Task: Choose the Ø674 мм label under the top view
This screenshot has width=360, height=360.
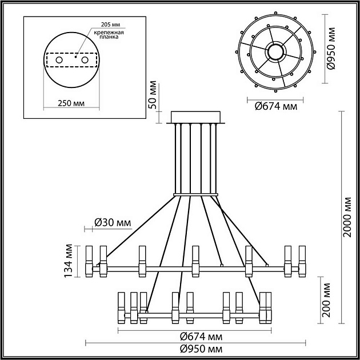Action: click(275, 105)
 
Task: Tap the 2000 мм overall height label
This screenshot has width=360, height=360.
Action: click(347, 218)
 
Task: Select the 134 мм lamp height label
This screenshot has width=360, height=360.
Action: click(69, 261)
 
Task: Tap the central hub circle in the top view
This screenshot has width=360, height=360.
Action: click(277, 51)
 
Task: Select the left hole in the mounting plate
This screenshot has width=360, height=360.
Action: click(58, 60)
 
